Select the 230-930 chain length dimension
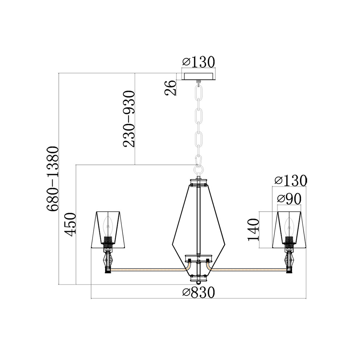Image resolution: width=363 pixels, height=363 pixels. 129,119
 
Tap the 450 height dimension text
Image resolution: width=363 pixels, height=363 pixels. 70,225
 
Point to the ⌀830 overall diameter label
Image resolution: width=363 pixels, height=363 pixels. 199,292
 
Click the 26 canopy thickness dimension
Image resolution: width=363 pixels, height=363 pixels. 171,88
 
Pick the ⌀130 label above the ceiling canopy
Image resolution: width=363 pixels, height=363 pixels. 199,62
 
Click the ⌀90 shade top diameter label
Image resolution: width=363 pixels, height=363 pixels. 289,199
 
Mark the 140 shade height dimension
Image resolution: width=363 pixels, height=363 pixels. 253,230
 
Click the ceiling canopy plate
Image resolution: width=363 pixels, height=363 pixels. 199,76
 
